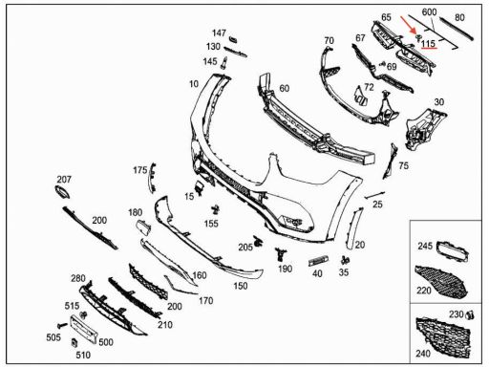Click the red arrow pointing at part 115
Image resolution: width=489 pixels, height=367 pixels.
click(408, 25)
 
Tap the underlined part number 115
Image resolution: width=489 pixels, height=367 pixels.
click(428, 43)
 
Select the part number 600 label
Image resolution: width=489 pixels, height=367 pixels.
click(429, 12)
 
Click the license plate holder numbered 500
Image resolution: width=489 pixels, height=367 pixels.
click(83, 330)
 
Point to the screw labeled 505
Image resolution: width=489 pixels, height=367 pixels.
click(62, 325)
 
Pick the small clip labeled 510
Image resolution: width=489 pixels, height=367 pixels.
click(74, 343)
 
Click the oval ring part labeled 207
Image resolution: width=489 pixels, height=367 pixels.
click(62, 192)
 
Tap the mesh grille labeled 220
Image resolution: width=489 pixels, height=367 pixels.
click(441, 281)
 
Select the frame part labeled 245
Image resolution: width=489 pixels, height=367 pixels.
click(452, 251)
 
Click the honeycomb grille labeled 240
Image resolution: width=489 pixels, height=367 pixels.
click(443, 337)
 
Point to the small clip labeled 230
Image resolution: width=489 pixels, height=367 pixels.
click(470, 315)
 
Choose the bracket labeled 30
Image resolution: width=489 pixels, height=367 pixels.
click(425, 128)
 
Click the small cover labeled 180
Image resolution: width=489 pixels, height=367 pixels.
click(143, 227)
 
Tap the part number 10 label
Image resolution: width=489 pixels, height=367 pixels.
click(194, 84)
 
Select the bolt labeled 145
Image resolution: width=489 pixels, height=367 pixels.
click(223, 62)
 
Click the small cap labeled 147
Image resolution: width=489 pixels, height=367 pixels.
click(233, 39)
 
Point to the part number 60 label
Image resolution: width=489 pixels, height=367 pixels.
click(285, 88)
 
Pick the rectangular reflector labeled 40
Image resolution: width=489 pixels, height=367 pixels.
click(319, 261)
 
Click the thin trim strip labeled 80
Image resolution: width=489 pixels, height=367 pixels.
click(456, 30)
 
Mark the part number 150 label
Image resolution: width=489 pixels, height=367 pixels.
click(241, 286)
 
